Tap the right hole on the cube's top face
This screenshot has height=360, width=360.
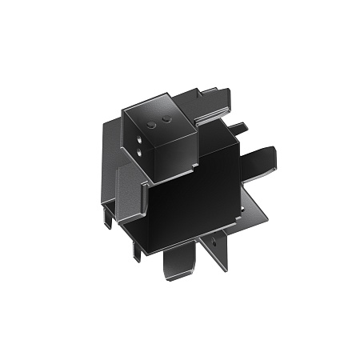166,118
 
